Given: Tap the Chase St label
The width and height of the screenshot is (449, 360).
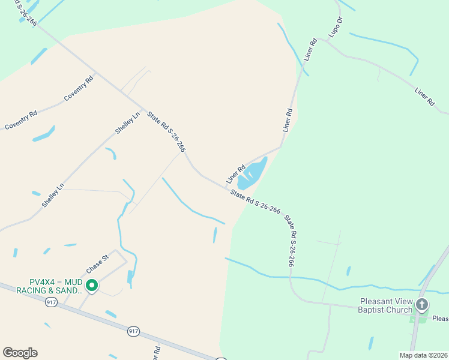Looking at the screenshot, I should tap(97, 262).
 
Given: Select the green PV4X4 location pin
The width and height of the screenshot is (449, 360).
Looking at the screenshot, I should tap(92, 286).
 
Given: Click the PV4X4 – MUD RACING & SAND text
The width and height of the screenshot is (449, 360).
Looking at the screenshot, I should tap(56, 286).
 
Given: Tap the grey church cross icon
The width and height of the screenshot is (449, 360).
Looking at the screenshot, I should tap(422, 305).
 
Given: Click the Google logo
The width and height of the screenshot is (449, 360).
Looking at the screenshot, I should tap(20, 352).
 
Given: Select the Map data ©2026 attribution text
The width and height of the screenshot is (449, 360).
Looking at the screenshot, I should tap(423, 355).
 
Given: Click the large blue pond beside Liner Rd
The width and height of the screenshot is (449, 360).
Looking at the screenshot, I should tap(252, 174).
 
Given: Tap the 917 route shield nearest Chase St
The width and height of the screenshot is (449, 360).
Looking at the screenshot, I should tap(51, 302).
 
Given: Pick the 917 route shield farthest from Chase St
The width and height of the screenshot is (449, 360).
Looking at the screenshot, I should tap(133, 331).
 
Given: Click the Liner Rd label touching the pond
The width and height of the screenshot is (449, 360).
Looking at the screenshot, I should tap(236, 175).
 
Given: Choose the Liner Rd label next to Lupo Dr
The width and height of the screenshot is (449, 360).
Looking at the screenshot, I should tap(310, 50).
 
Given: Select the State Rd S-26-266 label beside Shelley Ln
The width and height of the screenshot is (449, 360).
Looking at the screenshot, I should tap(166, 133).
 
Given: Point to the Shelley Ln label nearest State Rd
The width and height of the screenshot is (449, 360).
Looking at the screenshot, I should tap(127, 122).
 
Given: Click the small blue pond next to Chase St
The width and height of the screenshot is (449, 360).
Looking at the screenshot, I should tap(130, 277).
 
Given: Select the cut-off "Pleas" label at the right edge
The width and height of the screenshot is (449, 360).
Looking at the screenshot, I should tap(441, 319).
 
